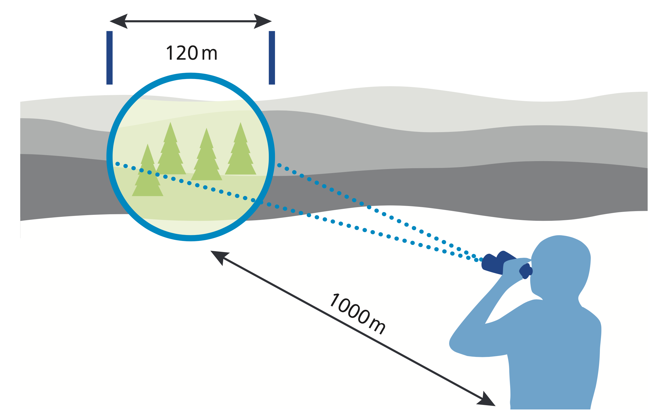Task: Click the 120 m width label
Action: coord(191,53)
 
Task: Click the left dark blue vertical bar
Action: coord(109,58)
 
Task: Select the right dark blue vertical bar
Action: coord(272,58)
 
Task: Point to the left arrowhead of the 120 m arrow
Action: coord(118,21)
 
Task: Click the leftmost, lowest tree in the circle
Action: coord(147,176)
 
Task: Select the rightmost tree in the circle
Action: coord(241,153)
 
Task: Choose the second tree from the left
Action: coord(170,153)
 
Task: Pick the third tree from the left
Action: coord(207,159)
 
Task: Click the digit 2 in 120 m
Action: coord(182,53)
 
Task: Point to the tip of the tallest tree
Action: coord(170,123)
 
